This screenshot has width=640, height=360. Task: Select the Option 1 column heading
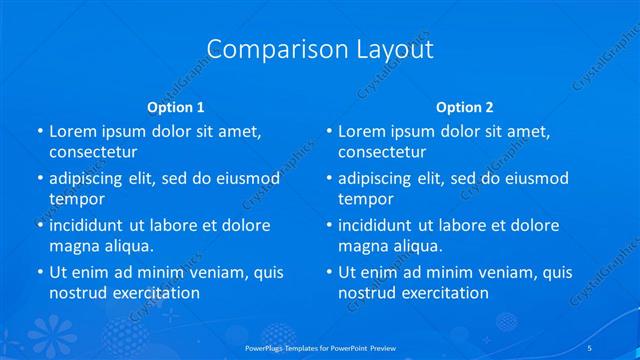pyautogui.click(x=176, y=107)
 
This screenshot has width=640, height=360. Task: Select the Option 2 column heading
pyautogui.click(x=465, y=107)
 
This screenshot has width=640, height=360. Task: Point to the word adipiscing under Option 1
pyautogui.click(x=89, y=178)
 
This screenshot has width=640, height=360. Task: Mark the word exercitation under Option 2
pyautogui.click(x=444, y=292)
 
